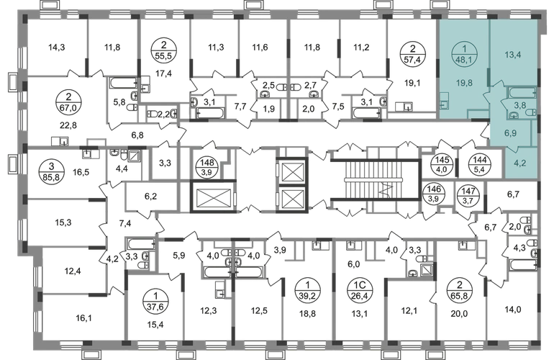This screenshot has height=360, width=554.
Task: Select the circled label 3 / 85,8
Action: click(x=52, y=171)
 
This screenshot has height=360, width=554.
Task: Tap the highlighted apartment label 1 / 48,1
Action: click(x=465, y=55)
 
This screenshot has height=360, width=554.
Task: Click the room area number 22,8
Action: click(x=68, y=125)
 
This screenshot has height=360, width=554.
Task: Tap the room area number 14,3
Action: click(x=57, y=47)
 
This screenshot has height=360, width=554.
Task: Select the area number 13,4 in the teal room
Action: click(x=513, y=55)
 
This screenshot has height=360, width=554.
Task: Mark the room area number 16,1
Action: click(x=83, y=318)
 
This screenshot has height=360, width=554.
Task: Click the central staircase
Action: click(x=376, y=181)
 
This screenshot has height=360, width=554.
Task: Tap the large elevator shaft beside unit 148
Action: click(x=213, y=197)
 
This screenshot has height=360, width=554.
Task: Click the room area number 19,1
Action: click(x=412, y=83)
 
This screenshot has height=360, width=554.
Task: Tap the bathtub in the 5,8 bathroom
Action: click(x=123, y=83)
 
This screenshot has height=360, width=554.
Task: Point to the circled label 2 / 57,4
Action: click(x=412, y=54)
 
